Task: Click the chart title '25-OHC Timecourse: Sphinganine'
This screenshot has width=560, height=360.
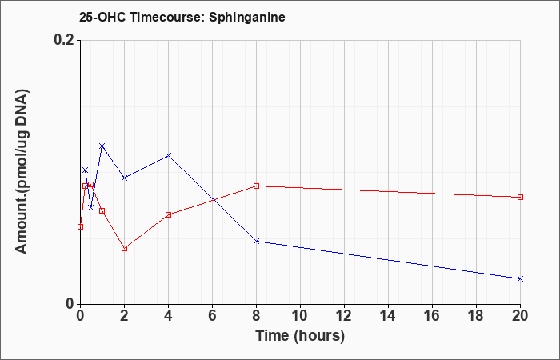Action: [182, 17]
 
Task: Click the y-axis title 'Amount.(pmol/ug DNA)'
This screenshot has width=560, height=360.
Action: [22, 171]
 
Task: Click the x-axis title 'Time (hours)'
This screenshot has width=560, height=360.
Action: [300, 336]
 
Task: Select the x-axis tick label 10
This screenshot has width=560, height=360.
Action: [300, 316]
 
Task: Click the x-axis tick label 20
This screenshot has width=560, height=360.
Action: [520, 316]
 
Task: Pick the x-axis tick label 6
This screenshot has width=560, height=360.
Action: [213, 316]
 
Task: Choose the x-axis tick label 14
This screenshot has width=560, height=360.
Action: [388, 316]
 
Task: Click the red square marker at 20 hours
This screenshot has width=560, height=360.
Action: [520, 197]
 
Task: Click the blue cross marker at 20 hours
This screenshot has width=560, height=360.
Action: [520, 278]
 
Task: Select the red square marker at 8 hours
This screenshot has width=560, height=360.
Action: [257, 186]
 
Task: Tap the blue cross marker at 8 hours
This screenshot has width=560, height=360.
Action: [257, 242]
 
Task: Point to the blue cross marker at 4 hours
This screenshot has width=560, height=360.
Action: [169, 155]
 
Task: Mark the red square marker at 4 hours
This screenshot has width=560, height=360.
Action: [169, 214]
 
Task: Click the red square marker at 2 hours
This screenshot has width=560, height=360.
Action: [124, 248]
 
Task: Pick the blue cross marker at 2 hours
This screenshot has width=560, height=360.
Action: [124, 178]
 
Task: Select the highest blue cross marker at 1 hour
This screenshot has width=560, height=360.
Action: [102, 146]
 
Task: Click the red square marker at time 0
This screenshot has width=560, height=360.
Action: [80, 226]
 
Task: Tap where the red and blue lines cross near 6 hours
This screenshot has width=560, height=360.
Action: [214, 200]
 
